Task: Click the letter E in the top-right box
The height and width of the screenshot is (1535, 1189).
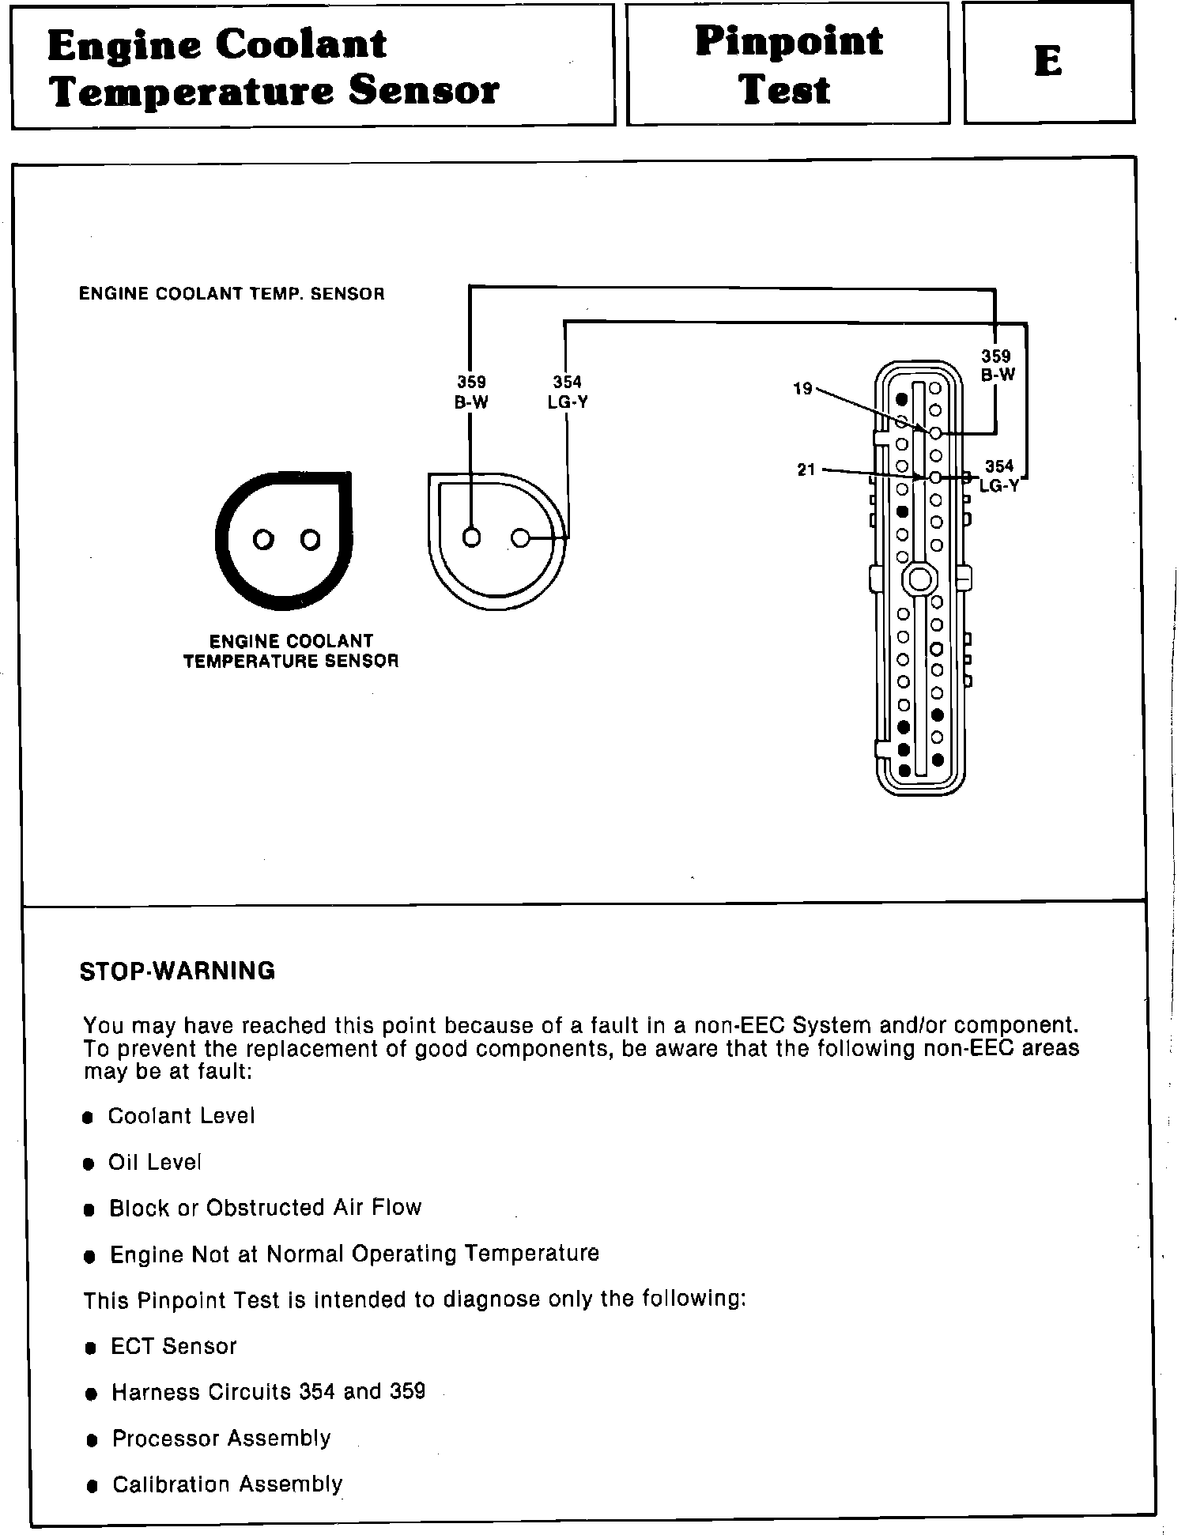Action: pos(1047,61)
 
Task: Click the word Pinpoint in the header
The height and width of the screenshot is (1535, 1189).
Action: pos(788,41)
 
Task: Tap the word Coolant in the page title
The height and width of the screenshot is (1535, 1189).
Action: pos(301,43)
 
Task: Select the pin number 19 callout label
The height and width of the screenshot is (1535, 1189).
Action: pos(802,389)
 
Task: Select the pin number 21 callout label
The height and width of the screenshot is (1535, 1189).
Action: pos(806,470)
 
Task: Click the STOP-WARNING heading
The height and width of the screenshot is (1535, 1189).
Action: pos(178,971)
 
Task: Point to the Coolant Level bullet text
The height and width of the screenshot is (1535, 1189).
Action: pos(181,1116)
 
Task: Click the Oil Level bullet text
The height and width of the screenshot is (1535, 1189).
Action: pos(155,1162)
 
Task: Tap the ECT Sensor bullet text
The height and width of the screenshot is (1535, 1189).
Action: pos(173,1347)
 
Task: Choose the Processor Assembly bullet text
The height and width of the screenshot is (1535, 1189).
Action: pos(221,1439)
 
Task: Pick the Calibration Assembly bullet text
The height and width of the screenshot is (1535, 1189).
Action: pos(227,1484)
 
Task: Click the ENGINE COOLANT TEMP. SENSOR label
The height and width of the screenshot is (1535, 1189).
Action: pos(232,294)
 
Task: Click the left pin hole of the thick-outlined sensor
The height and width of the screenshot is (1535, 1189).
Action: pos(263,540)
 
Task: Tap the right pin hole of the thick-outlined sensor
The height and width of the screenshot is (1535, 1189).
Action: pos(311,540)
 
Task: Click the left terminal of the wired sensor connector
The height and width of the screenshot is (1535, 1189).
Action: pos(471,537)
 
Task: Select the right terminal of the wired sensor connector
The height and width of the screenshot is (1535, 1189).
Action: pos(519,538)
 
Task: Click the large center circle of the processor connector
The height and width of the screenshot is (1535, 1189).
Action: pos(919,579)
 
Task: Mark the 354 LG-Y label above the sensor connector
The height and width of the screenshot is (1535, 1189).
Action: pos(568,393)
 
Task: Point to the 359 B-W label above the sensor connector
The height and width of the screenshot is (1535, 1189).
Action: pos(471,393)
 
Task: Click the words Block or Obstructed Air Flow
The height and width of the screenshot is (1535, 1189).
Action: pos(265,1208)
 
